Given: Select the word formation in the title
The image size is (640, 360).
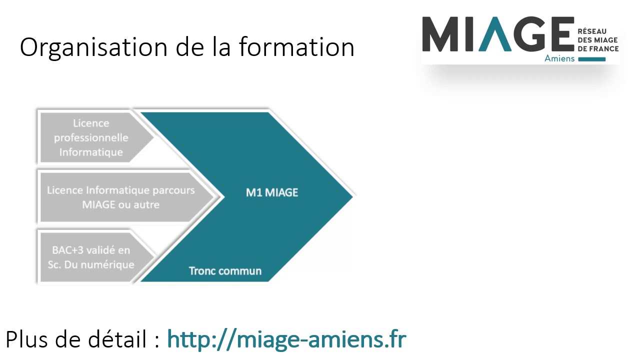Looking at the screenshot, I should coord(296,48).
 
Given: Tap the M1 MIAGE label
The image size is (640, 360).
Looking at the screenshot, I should coord(272,192).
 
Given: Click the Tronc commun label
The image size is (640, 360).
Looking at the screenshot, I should coord(225,271).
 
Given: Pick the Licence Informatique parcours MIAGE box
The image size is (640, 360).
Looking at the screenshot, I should coord(121,197).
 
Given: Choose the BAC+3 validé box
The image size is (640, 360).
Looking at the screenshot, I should coord(91,257).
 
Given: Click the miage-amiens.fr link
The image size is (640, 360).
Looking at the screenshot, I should coord(286,339).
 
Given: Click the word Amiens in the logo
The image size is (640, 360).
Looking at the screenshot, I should coord(559,59).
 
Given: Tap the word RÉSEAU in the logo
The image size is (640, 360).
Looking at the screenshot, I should coord(592,31).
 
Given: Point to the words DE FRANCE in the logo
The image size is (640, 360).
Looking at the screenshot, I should coord(598,48).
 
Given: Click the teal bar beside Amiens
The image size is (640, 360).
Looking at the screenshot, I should coord(592,59).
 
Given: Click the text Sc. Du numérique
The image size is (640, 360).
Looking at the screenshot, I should coord(91,264).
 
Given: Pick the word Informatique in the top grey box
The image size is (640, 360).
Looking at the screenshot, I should coord(91,152).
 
